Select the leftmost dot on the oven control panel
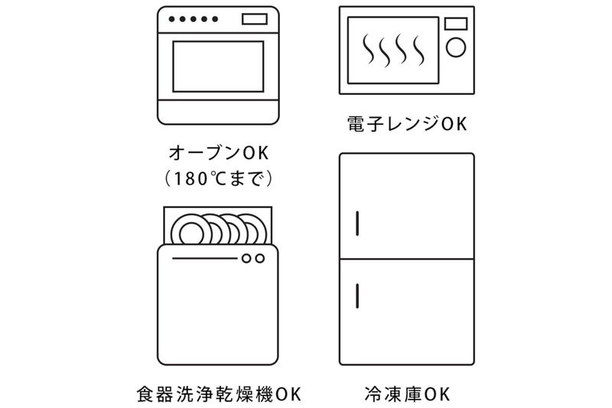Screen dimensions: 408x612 click(x=172, y=19)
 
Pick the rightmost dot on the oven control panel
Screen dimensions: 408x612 click(x=216, y=19)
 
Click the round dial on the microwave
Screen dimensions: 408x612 click(x=455, y=47)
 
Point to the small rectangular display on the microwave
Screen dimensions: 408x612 click(x=455, y=24)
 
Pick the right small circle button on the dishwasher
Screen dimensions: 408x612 click(x=260, y=259)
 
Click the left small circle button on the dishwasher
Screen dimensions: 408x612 click(x=246, y=259)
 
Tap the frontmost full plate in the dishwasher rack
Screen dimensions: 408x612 click(x=187, y=230)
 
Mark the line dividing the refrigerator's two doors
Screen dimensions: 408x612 click(x=406, y=259)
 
